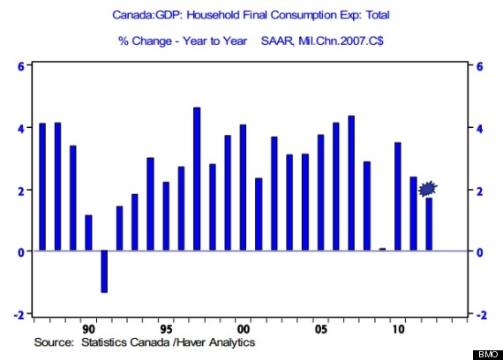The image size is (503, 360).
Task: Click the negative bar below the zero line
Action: click(104, 272)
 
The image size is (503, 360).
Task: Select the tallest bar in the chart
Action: click(197, 179)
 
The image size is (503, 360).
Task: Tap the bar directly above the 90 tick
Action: click(88, 233)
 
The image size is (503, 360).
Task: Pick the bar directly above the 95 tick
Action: click(166, 216)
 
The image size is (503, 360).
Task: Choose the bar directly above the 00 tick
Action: click(243, 187)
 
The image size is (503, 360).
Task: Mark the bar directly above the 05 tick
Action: click(320, 192)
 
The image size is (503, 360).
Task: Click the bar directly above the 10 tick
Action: click(398, 197)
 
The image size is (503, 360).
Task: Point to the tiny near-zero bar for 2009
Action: click(382, 249)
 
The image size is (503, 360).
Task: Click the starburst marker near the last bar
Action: click(428, 189)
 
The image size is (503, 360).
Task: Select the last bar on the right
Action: click(429, 224)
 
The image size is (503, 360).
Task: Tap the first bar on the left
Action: click(42, 187)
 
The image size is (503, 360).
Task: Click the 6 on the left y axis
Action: click(21, 67)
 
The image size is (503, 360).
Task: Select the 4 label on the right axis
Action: click(480, 129)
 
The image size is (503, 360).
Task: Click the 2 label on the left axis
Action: click(21, 191)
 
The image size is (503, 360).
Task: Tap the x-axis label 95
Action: click(166, 329)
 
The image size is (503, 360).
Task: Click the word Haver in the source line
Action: click(191, 342)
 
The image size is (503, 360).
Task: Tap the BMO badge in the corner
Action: click(488, 355)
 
